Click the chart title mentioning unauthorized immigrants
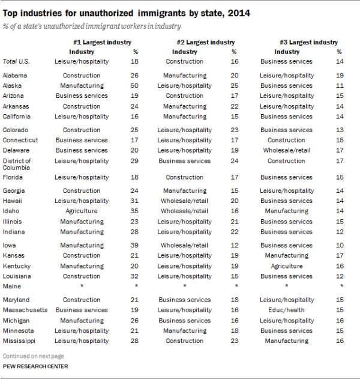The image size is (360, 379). coord(127,13)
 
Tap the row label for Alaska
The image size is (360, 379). coord(13,86)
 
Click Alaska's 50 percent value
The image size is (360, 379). coord(135,86)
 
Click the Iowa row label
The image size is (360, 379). coord(11,245)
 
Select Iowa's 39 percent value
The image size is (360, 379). coord(135,245)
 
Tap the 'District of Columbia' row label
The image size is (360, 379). coord(17,164)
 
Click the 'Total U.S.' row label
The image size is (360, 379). coord(17,61)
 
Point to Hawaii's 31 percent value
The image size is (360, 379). coord(135,201)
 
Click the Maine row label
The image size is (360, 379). coord(12,287)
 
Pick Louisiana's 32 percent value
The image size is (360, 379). coord(135,276)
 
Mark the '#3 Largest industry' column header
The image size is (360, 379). coord(308,42)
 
